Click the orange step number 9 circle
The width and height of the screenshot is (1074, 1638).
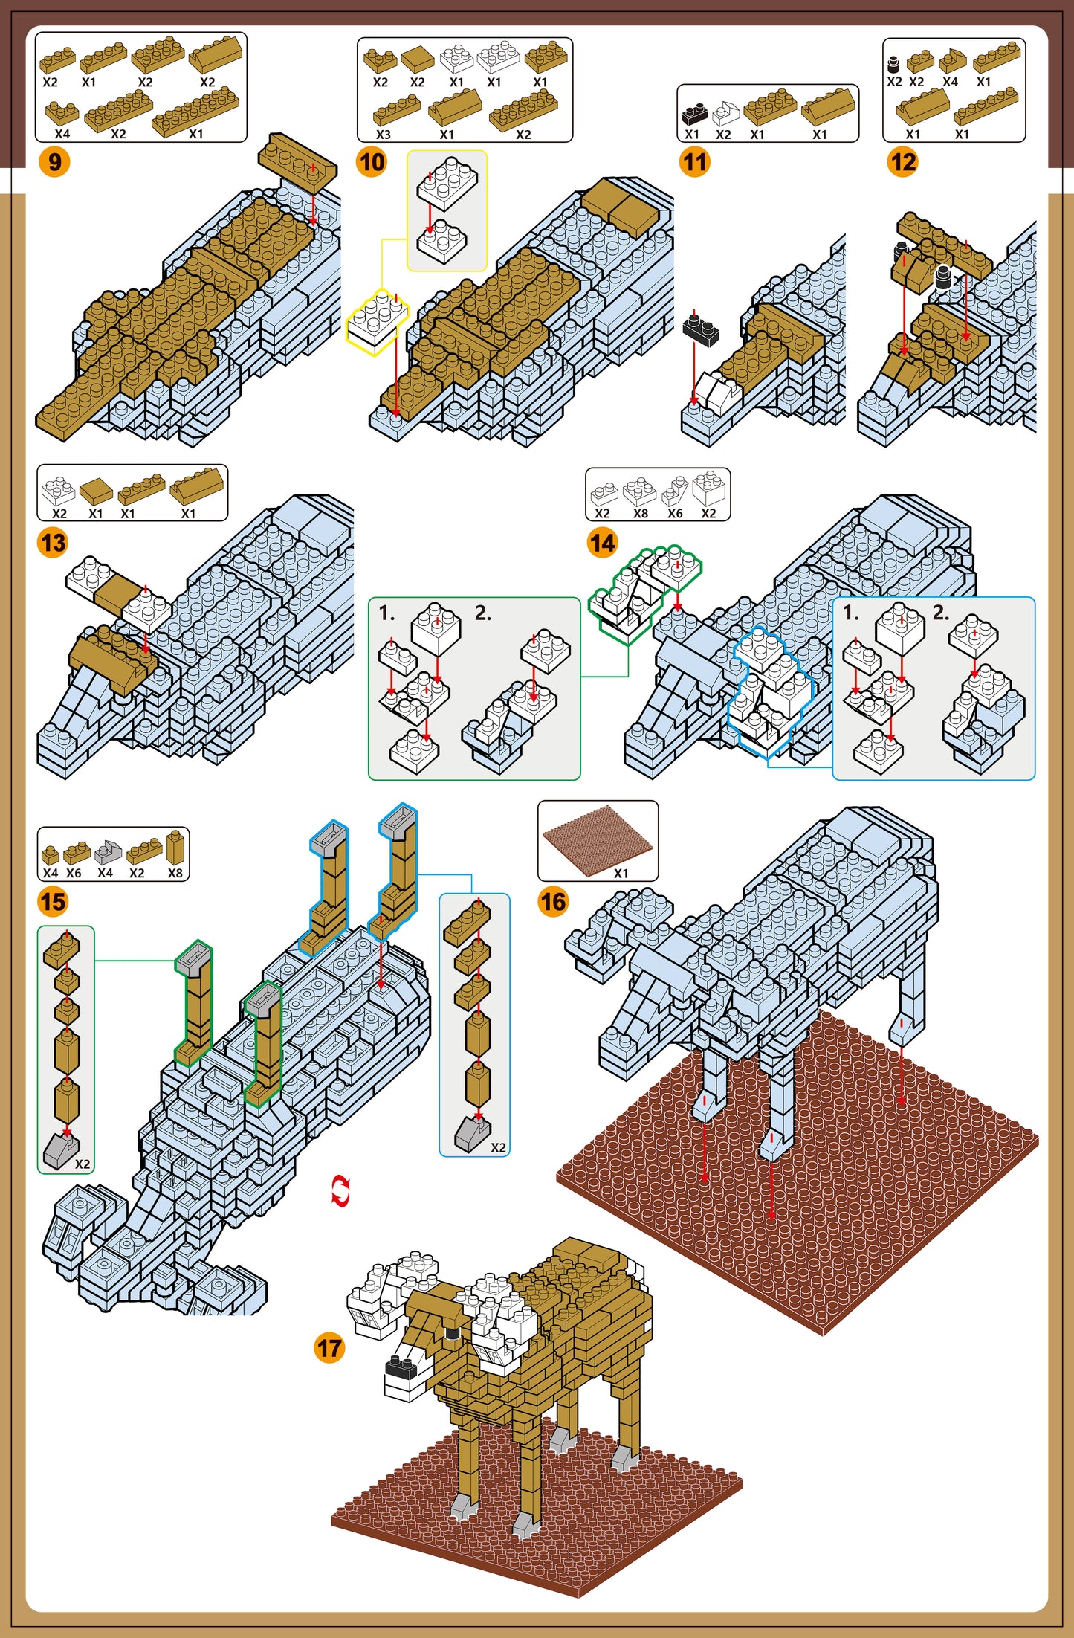click(54, 161)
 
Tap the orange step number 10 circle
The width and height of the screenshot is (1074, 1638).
click(372, 161)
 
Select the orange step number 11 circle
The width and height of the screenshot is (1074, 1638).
click(694, 161)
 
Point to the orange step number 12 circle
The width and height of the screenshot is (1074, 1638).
click(902, 161)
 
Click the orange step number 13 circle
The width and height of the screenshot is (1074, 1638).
click(53, 542)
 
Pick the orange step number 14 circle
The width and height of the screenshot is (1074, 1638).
click(602, 542)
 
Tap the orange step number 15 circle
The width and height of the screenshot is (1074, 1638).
click(53, 902)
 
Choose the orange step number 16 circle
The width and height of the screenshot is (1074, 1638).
click(553, 902)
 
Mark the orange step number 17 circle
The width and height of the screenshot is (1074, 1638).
click(329, 1348)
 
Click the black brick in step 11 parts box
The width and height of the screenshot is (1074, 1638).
click(694, 114)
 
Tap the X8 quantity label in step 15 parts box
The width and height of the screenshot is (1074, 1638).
click(175, 873)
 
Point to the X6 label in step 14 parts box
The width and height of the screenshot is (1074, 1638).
click(675, 513)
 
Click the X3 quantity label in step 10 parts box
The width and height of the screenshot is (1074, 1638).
click(383, 135)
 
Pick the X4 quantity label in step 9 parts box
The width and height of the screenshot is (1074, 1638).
click(62, 135)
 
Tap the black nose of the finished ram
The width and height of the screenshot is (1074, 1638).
click(400, 1365)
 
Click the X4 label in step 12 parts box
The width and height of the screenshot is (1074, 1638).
click(950, 82)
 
